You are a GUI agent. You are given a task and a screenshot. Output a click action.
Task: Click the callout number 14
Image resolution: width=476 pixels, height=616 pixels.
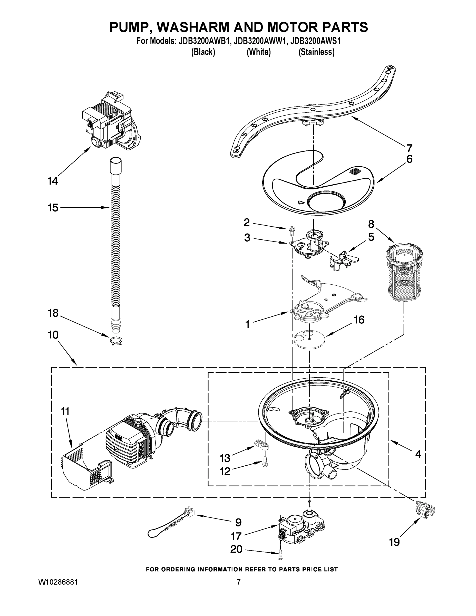click(53, 181)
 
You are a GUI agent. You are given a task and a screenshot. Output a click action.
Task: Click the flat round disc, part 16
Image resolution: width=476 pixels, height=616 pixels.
click(309, 339)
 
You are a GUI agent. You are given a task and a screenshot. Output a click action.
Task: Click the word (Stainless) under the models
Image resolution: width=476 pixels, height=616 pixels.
click(316, 52)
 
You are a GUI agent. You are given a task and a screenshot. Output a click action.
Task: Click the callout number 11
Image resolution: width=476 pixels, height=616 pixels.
click(65, 411)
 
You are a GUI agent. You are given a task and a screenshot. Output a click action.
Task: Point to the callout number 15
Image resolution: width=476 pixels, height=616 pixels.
click(53, 208)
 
